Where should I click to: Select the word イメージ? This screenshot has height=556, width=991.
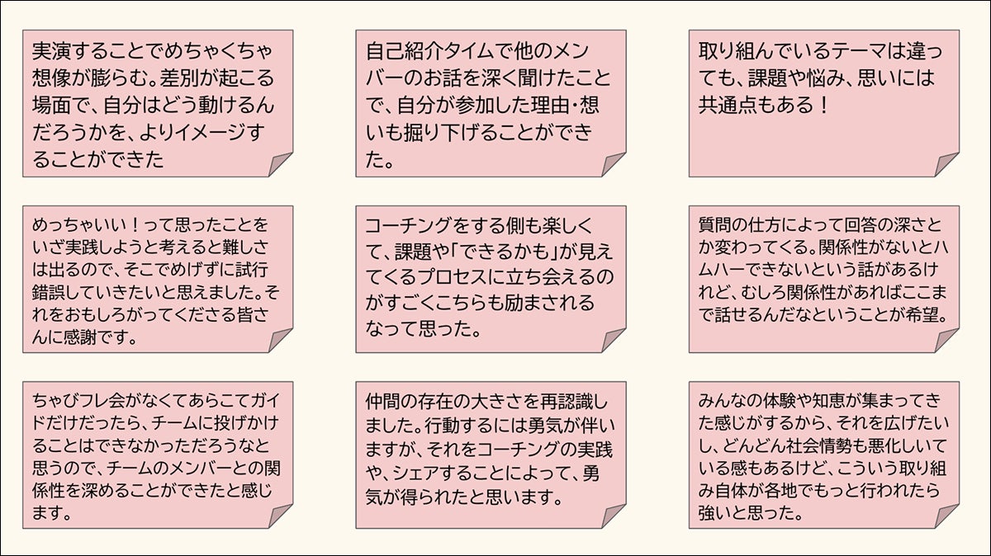pos(208,133)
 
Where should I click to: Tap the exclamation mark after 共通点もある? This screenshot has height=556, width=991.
pos(823,106)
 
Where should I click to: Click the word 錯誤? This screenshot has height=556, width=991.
pos(48,293)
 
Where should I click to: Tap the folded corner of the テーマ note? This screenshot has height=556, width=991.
pos(946,164)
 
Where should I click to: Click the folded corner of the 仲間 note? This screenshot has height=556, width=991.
pos(614,516)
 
